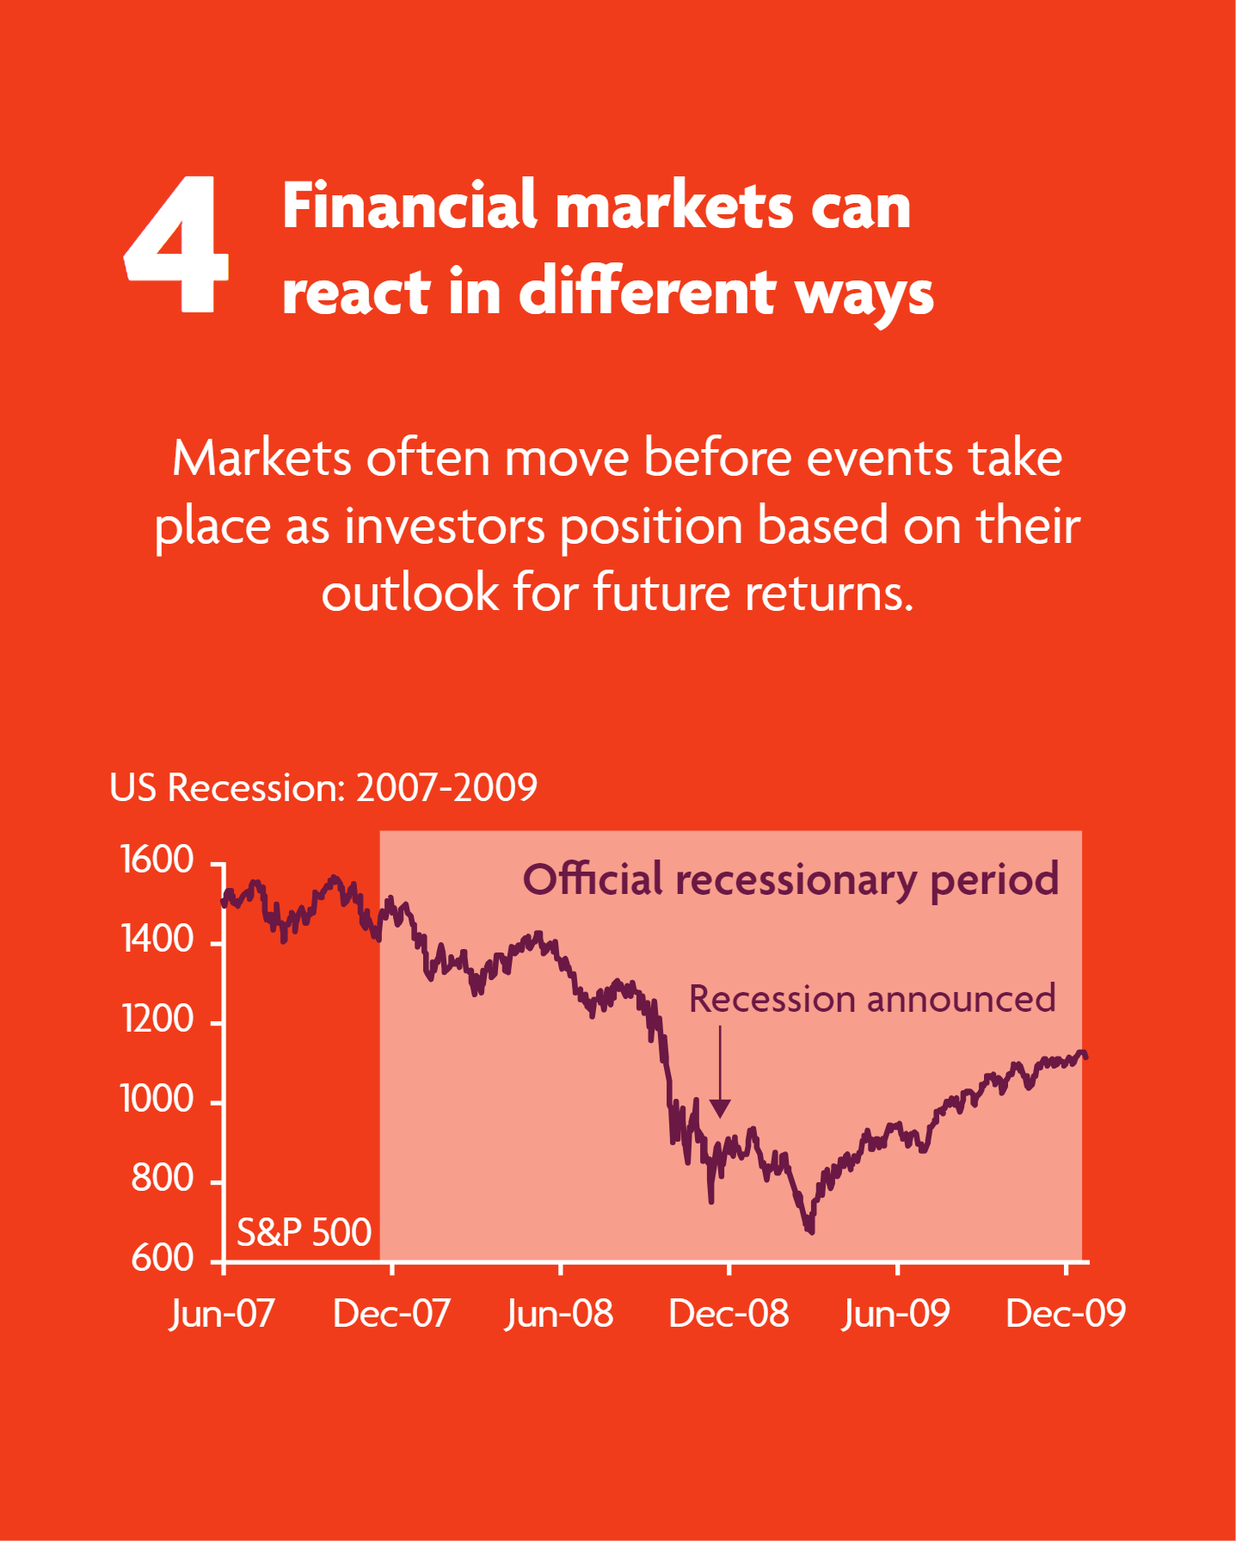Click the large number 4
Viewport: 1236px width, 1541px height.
177,244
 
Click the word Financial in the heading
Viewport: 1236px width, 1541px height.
409,206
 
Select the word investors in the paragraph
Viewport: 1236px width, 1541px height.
445,526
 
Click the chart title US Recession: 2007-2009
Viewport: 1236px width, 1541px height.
323,787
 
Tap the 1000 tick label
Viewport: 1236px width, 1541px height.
157,1100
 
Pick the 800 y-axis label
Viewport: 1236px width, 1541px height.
163,1178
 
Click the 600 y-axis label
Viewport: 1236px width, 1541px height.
163,1259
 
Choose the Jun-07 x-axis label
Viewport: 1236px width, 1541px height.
222,1314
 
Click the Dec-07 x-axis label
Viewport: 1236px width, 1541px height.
391,1314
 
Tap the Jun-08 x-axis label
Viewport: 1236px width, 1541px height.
559,1314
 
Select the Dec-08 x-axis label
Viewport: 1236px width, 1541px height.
729,1314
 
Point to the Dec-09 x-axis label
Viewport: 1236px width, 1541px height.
1066,1314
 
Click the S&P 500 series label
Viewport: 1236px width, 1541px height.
304,1233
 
